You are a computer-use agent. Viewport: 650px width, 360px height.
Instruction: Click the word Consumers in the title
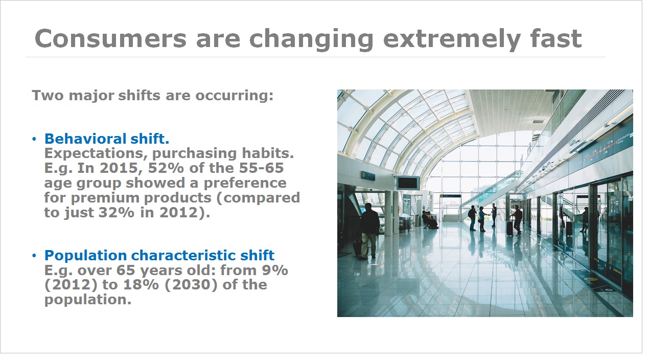110,39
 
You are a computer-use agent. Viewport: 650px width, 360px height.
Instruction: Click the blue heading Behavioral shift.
106,139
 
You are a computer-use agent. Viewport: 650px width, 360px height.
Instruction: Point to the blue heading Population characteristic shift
159,255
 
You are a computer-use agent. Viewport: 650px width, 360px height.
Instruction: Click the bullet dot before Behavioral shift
34,140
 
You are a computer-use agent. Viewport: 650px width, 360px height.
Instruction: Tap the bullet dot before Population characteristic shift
34,256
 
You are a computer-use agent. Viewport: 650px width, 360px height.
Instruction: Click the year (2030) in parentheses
191,285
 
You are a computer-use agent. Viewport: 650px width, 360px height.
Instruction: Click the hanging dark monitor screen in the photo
408,184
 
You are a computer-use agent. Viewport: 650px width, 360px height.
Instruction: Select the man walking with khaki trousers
368,231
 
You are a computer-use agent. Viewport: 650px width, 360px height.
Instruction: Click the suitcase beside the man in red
510,228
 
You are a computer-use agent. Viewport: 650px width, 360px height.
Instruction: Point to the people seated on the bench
430,220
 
